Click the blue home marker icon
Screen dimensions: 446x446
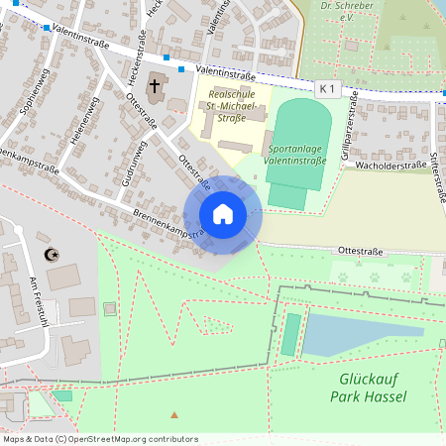tap(223, 214)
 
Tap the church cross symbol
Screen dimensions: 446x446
tap(155, 87)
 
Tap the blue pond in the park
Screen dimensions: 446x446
tap(362, 334)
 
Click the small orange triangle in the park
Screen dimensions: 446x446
tap(175, 413)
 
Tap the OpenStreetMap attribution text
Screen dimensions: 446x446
tap(100, 438)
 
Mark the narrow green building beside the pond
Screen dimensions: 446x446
tap(290, 334)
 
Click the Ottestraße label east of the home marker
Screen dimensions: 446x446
tap(360, 251)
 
